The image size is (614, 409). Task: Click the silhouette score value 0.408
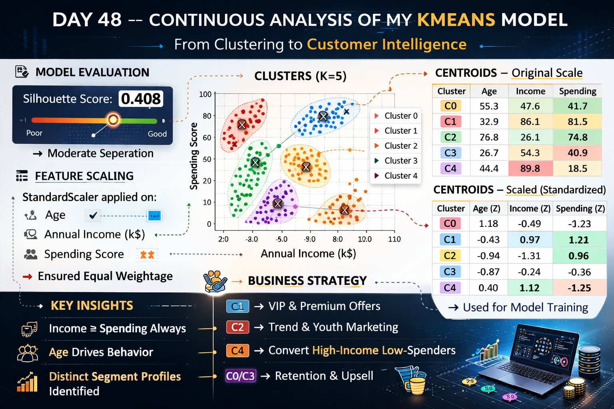click(x=141, y=99)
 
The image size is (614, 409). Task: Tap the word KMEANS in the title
click(x=456, y=20)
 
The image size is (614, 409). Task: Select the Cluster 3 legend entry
click(x=401, y=161)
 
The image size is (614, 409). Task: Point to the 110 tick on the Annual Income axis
click(x=394, y=239)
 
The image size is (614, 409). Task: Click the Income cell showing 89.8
click(x=530, y=169)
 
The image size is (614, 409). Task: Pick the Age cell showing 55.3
click(x=489, y=106)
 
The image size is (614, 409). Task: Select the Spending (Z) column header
click(x=580, y=208)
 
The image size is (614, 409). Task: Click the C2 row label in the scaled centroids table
click(x=450, y=256)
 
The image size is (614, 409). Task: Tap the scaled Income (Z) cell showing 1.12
click(x=529, y=288)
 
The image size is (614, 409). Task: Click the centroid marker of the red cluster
click(x=242, y=124)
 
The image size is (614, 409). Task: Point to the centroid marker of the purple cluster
click(x=277, y=204)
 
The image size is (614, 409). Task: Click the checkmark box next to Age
click(x=93, y=216)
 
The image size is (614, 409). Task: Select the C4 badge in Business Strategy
click(x=237, y=351)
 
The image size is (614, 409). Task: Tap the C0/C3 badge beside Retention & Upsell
click(x=240, y=376)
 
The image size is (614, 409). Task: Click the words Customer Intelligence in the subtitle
click(x=387, y=44)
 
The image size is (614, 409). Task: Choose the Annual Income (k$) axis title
click(x=308, y=254)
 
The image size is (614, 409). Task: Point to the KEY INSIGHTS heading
click(x=92, y=306)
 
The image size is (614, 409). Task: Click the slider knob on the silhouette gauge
click(x=114, y=119)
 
